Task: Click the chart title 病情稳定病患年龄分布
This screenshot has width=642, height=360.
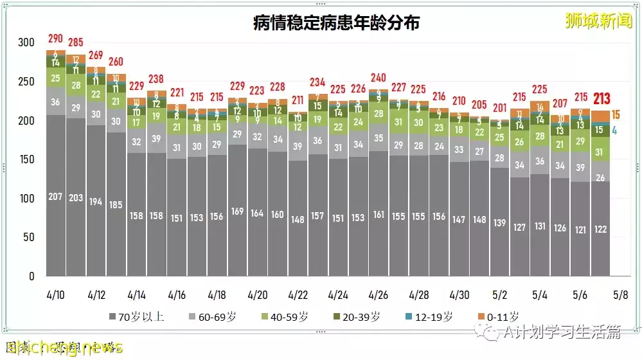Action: [x=336, y=23]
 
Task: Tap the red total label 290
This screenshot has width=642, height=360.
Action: [x=56, y=39]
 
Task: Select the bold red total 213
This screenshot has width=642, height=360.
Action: [x=602, y=98]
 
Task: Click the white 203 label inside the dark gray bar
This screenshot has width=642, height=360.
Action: [x=76, y=197]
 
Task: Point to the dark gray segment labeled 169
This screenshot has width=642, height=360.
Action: [x=237, y=210]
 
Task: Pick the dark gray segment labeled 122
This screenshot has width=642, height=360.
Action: [x=601, y=229]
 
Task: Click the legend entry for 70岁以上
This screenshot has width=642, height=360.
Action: [x=136, y=316]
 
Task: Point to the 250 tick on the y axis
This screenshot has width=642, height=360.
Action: [x=26, y=82]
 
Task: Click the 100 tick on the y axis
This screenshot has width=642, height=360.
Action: [x=26, y=199]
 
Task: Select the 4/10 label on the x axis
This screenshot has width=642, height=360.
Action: [x=56, y=295]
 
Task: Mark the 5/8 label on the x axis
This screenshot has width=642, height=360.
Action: [x=621, y=295]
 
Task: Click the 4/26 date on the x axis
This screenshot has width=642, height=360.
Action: [x=379, y=295]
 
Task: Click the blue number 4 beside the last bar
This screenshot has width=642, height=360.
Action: [x=615, y=130]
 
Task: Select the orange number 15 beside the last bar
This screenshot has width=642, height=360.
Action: [x=616, y=115]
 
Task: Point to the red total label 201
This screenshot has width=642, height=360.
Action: [x=499, y=107]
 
